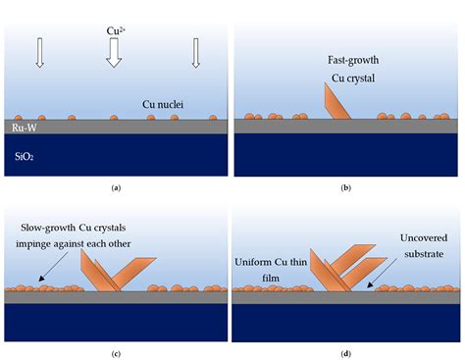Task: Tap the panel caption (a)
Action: click(116, 186)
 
